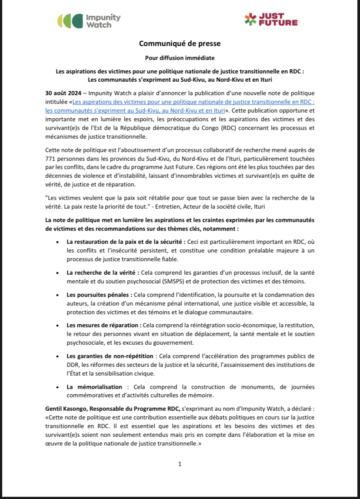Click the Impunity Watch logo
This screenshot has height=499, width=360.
(89, 21)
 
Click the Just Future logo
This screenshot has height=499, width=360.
(271, 20)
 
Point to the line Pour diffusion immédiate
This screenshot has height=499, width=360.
(180, 57)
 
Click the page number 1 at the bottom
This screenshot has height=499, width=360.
(180, 464)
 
